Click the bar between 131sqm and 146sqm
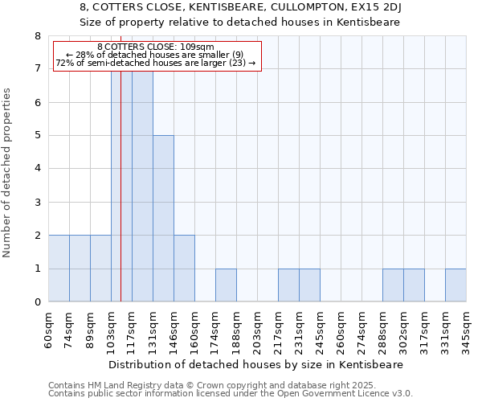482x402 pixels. [163, 219]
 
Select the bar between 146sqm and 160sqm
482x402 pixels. [184, 269]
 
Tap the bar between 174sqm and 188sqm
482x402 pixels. [226, 285]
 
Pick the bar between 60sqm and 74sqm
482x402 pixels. [59, 269]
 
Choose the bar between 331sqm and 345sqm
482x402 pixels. [455, 285]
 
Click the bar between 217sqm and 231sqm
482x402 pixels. [288, 285]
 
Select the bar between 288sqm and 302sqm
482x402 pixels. [393, 285]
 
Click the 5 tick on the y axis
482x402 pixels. [37, 136]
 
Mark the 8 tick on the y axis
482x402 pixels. [37, 36]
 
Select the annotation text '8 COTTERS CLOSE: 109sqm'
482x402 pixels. [156, 47]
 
